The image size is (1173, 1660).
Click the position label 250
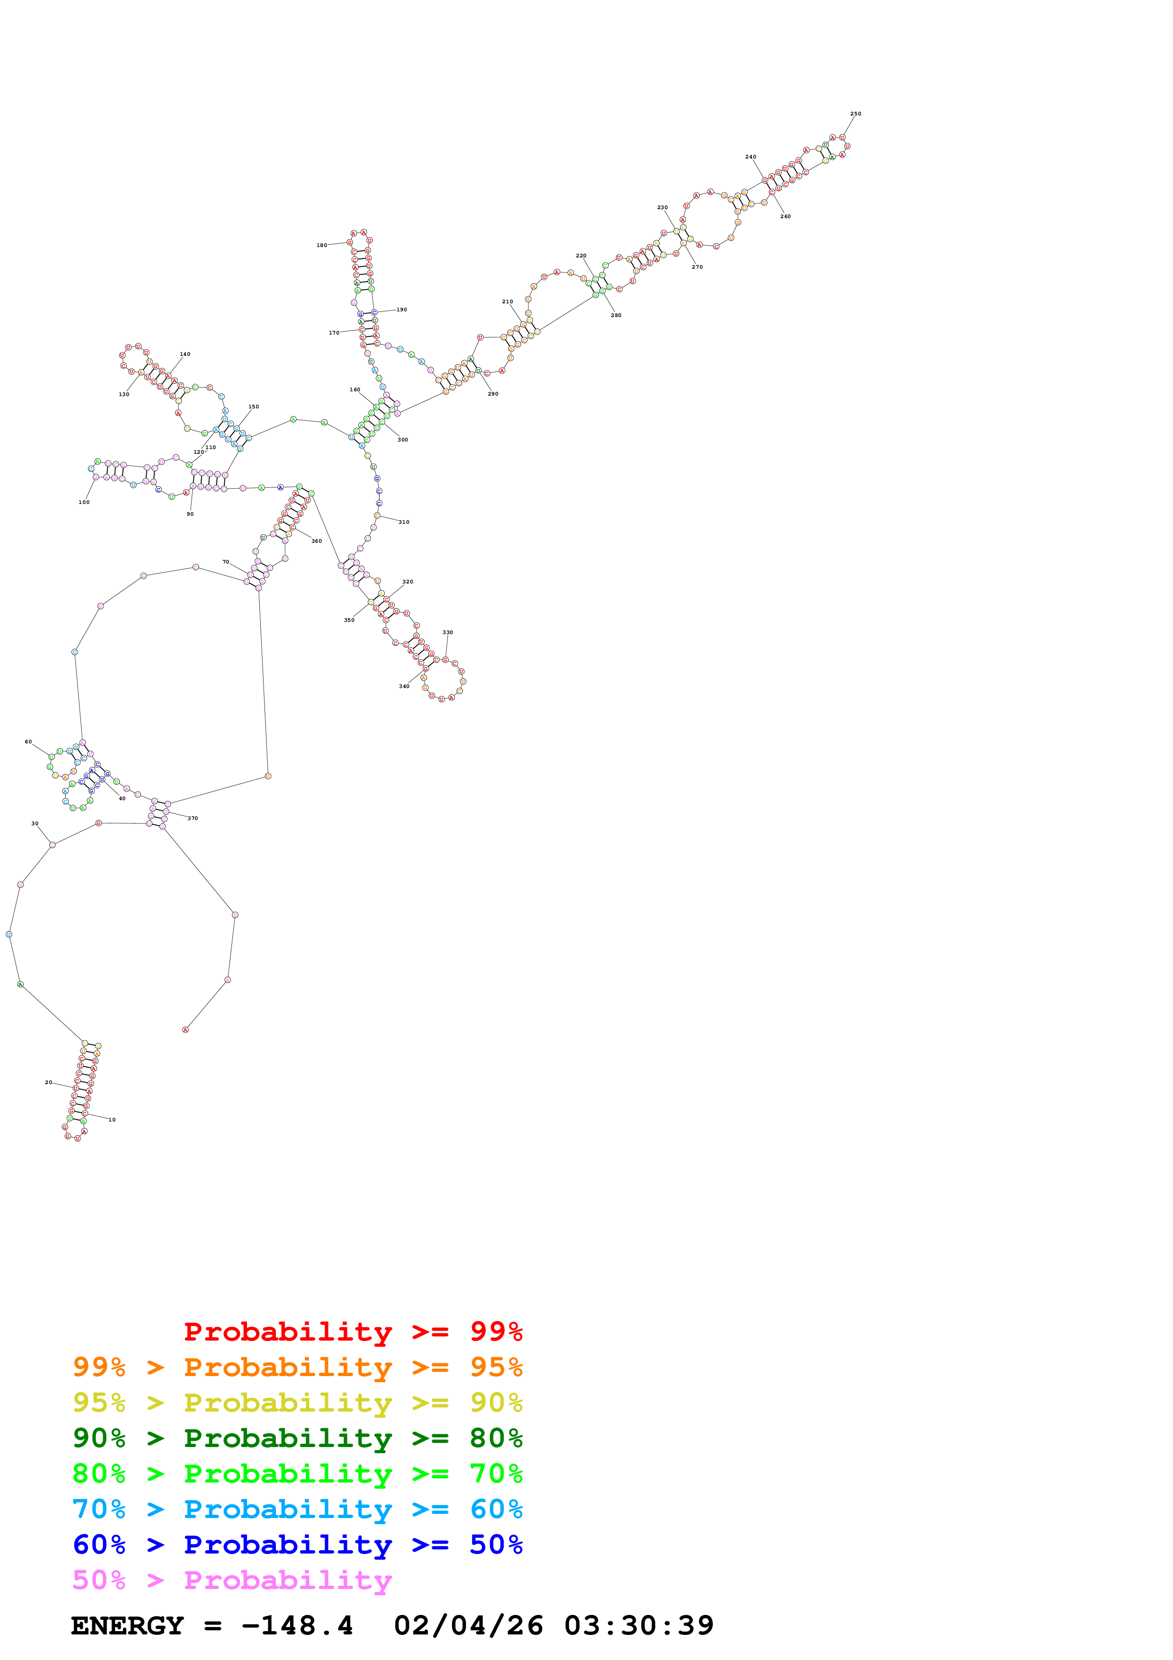[855, 114]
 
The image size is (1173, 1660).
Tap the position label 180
[322, 245]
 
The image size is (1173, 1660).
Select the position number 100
[84, 502]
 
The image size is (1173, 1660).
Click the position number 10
[112, 1119]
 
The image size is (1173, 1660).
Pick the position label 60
[28, 742]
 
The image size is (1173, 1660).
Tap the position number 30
[35, 823]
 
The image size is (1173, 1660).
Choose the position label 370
[192, 819]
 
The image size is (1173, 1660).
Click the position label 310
[404, 522]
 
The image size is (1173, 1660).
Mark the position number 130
[123, 394]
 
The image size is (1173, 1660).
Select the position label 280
[616, 315]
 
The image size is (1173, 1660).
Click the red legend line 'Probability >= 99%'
[353, 1331]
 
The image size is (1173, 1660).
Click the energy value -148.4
[297, 1625]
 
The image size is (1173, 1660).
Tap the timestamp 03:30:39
[639, 1625]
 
